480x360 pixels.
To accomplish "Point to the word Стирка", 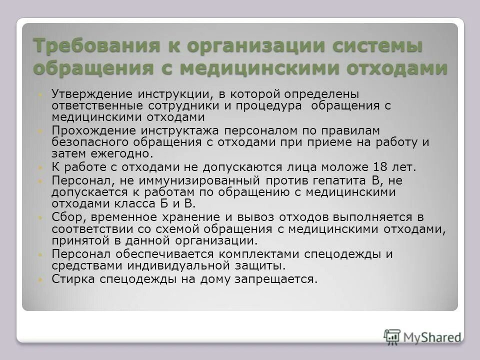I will click(71, 279).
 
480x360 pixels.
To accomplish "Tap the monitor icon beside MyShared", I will click(392, 336).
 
